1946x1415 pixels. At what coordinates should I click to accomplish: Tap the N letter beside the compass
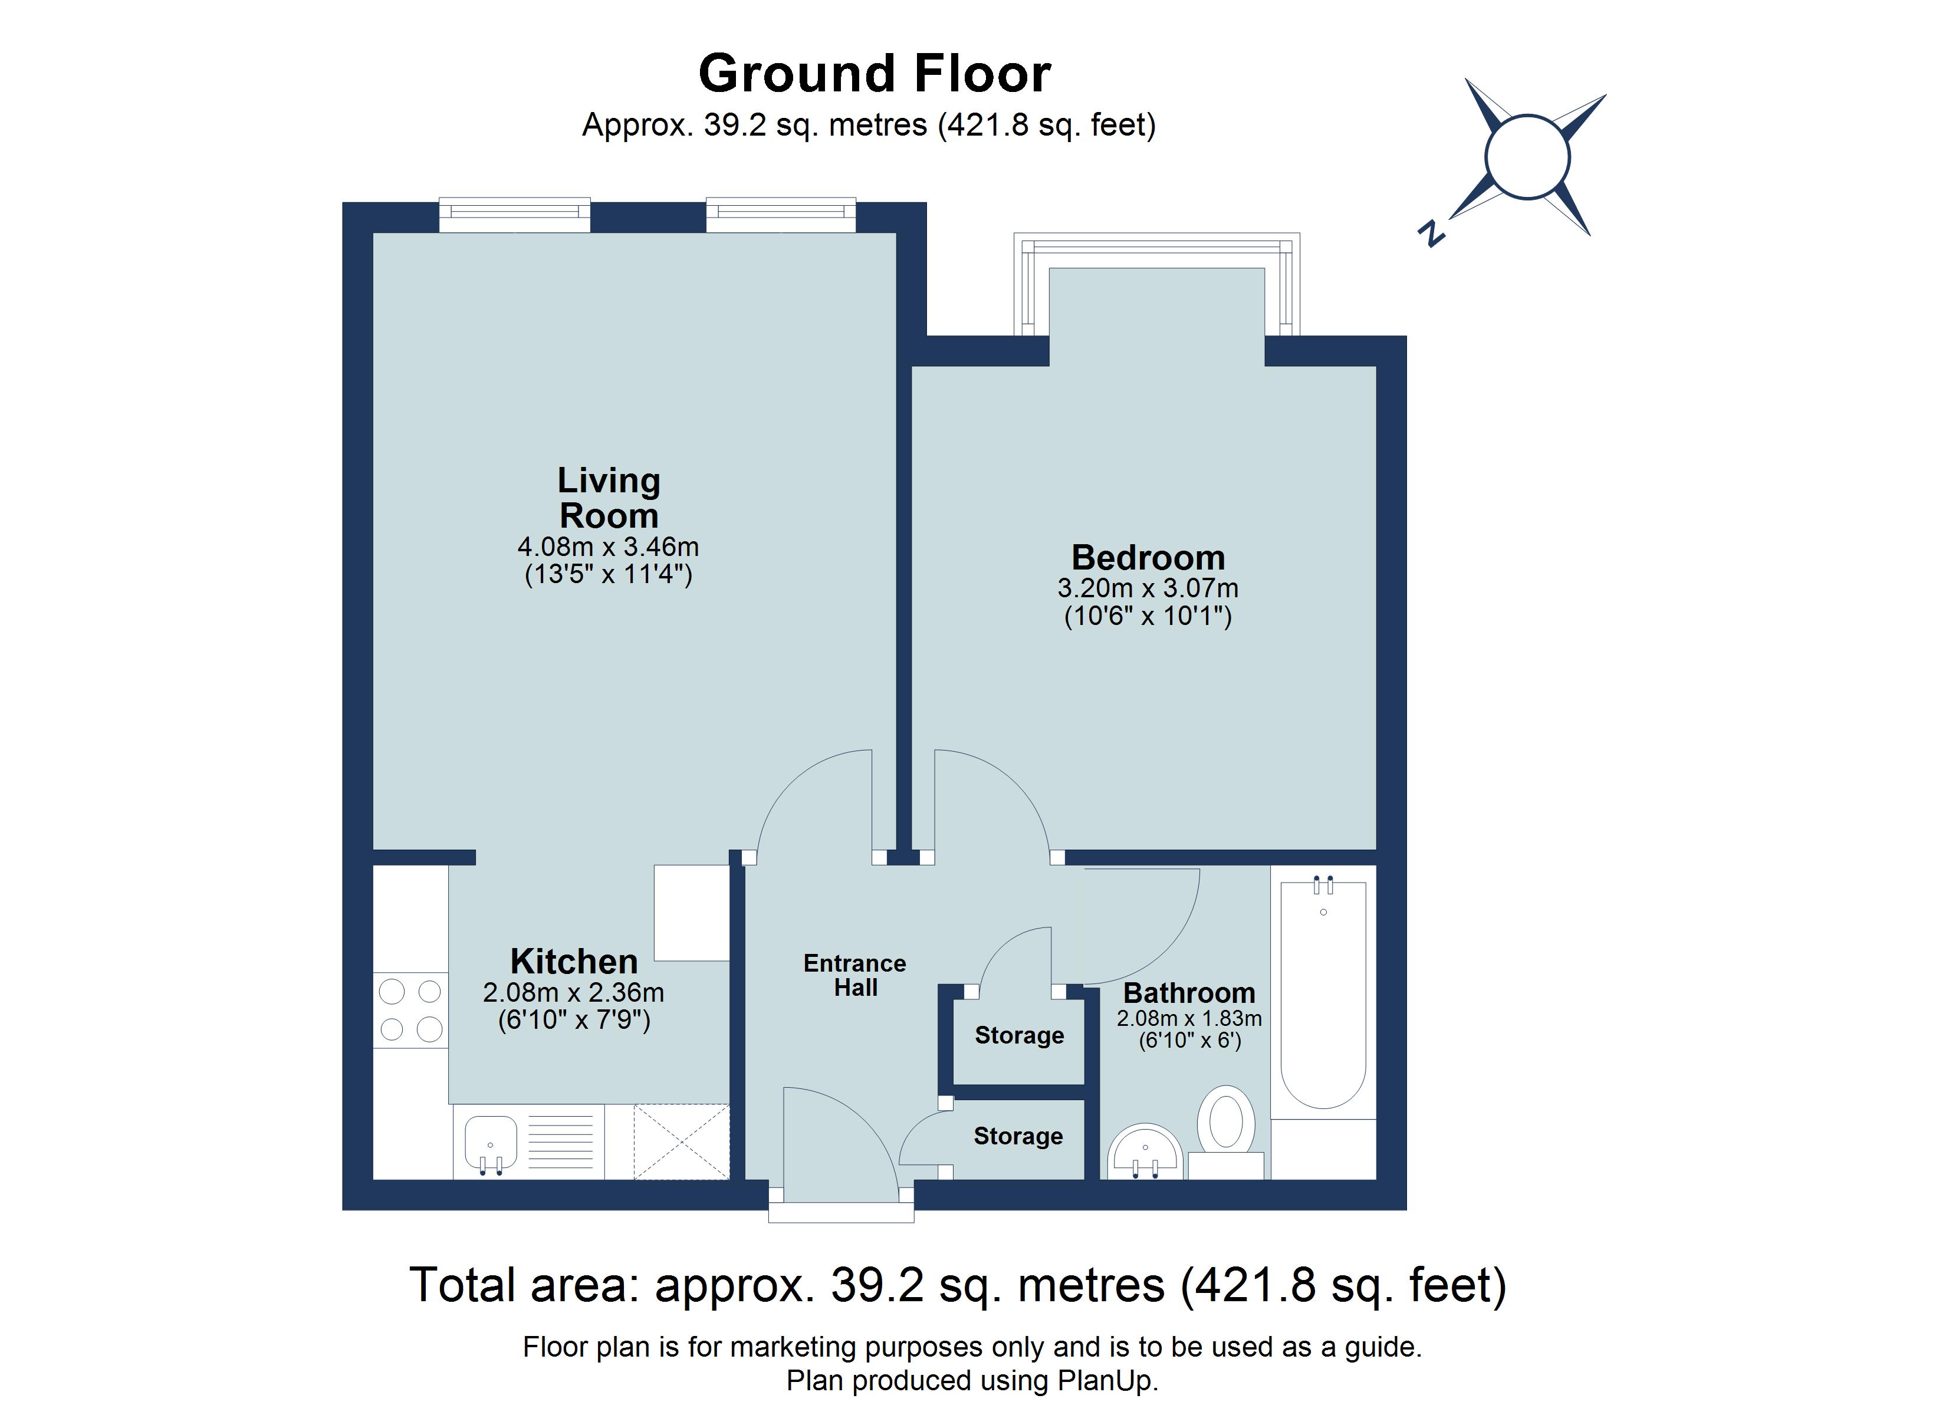[x=1431, y=233]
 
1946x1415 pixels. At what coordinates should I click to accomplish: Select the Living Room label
[x=609, y=498]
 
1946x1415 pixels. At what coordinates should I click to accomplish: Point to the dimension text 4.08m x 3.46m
[x=609, y=547]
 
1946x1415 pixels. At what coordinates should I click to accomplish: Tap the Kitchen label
[x=574, y=961]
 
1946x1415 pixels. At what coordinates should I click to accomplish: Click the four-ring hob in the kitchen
[x=410, y=1010]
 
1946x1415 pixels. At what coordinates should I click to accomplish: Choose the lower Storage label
[x=1018, y=1136]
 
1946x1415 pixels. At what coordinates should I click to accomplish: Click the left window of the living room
[x=515, y=215]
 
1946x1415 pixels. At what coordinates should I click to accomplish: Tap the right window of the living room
[x=781, y=215]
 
